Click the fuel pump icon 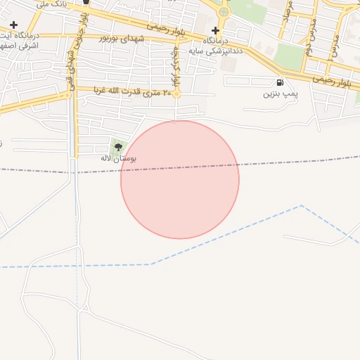(x=281, y=82)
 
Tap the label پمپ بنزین (x=281, y=94)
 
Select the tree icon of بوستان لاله (x=118, y=147)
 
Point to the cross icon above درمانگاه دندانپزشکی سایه (x=215, y=31)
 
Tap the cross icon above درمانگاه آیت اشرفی (x=13, y=25)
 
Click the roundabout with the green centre (x=224, y=11)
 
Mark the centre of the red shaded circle (x=180, y=180)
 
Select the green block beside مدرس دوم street (x=289, y=56)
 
